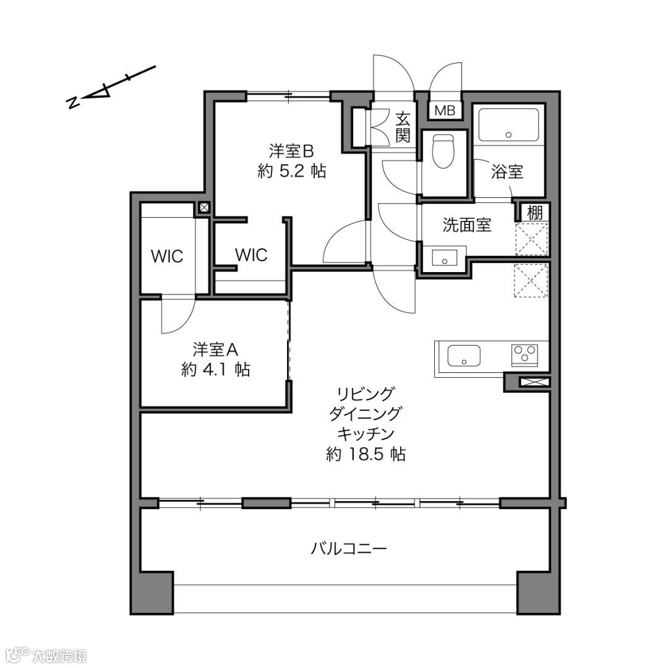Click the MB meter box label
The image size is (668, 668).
click(445, 111)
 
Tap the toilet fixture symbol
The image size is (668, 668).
click(443, 152)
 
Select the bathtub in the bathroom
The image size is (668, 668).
click(508, 125)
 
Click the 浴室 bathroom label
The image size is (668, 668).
click(507, 172)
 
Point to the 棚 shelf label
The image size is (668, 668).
click(535, 212)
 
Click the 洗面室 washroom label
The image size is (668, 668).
click(467, 225)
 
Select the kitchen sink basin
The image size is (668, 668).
click(463, 356)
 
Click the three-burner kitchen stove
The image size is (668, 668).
click(525, 355)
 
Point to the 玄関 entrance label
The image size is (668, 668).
click(403, 127)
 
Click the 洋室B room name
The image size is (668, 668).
click(291, 151)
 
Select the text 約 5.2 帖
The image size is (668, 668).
click(292, 171)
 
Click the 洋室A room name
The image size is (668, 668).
click(216, 349)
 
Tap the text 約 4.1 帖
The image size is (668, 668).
click(216, 369)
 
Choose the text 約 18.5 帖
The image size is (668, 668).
click(366, 454)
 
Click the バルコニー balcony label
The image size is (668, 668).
click(348, 548)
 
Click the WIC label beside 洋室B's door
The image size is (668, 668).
click(251, 255)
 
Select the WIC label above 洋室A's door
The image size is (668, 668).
click(167, 256)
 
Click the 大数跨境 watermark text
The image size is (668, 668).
click(59, 655)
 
